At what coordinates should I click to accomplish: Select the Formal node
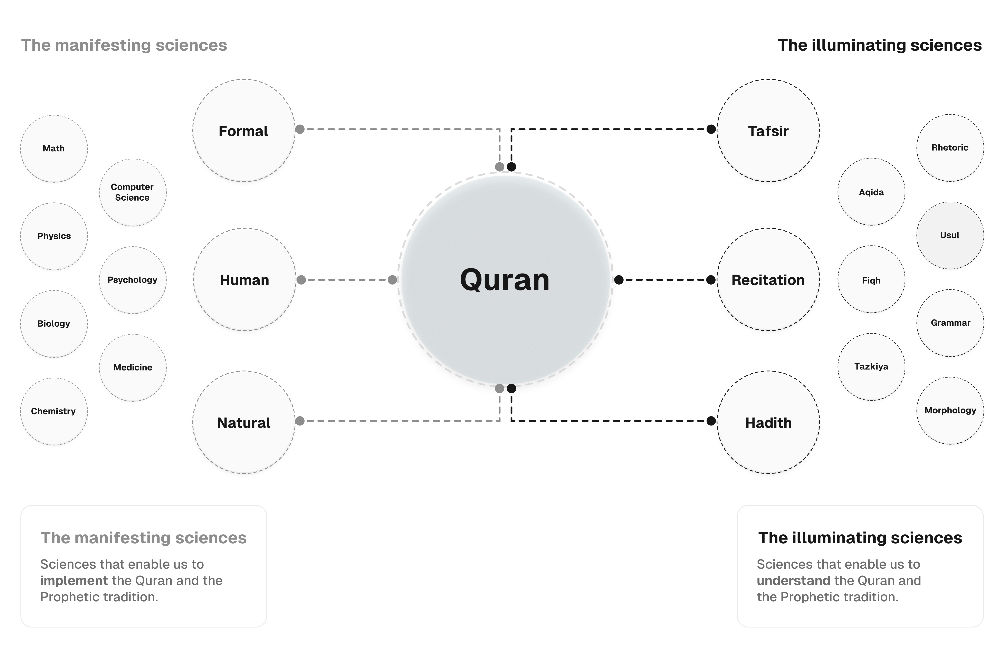pyautogui.click(x=244, y=131)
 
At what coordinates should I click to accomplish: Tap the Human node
pyautogui.click(x=245, y=280)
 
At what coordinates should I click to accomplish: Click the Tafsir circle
pyautogui.click(x=768, y=131)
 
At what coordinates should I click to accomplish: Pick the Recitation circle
pyautogui.click(x=768, y=280)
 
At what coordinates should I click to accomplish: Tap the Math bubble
pyautogui.click(x=54, y=148)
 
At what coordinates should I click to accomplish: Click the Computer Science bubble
pyautogui.click(x=132, y=192)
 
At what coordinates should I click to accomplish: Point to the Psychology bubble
pyautogui.click(x=132, y=280)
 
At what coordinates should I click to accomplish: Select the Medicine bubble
pyautogui.click(x=133, y=367)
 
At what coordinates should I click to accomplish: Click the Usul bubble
pyautogui.click(x=950, y=235)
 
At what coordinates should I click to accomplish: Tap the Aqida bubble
pyautogui.click(x=871, y=192)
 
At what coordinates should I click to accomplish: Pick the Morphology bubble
pyautogui.click(x=950, y=410)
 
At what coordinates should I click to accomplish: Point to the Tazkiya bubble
pyautogui.click(x=871, y=366)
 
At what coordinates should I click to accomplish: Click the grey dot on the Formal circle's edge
pyautogui.click(x=300, y=129)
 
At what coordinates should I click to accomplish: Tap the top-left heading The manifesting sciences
pyautogui.click(x=124, y=45)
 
